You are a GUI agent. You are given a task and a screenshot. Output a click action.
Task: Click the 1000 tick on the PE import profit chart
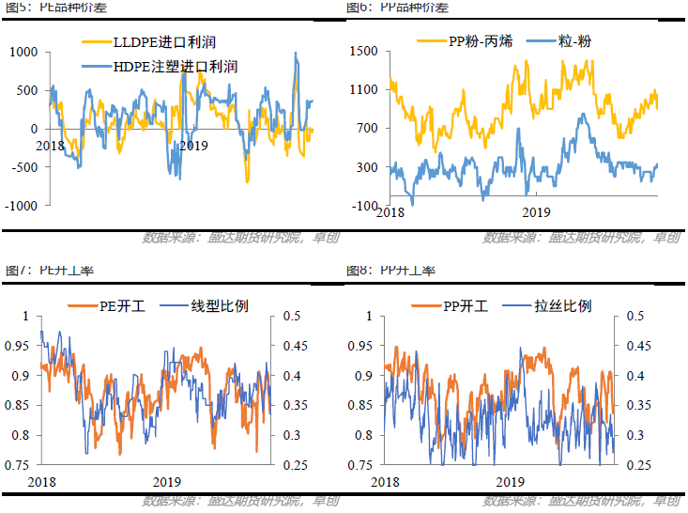pos(23,53)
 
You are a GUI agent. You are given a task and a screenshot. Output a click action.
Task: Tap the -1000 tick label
pos(20,206)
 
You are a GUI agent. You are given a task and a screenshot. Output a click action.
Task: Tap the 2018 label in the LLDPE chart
pos(52,146)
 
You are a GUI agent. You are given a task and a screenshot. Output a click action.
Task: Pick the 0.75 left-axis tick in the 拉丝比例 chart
pos(360,465)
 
